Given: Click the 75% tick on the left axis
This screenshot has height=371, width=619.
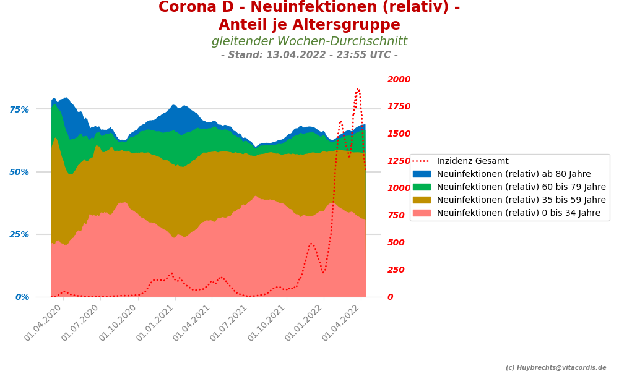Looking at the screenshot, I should [19, 109].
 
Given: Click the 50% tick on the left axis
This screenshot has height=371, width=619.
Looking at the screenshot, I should [19, 172].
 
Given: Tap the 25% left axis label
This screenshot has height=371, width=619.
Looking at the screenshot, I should [19, 234].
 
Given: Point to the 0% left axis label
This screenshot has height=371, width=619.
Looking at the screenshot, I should [22, 297].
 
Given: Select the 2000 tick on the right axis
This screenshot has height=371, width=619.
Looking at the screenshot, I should [399, 79].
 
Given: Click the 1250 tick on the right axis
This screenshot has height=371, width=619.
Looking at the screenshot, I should [399, 161].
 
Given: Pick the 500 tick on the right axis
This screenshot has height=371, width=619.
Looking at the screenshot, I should [396, 242].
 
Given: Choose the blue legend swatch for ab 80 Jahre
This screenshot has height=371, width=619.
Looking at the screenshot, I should [422, 174].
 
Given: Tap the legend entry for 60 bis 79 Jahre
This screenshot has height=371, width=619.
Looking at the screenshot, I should [521, 187].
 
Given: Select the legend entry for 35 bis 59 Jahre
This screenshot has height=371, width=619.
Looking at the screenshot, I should [521, 200].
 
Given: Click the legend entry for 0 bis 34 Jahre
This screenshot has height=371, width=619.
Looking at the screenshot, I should [519, 213].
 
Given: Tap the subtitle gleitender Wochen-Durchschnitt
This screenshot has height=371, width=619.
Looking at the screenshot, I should [309, 41].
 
